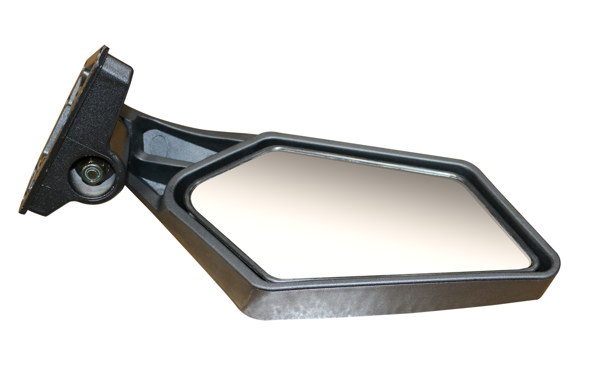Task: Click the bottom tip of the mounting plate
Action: click(22, 212)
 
